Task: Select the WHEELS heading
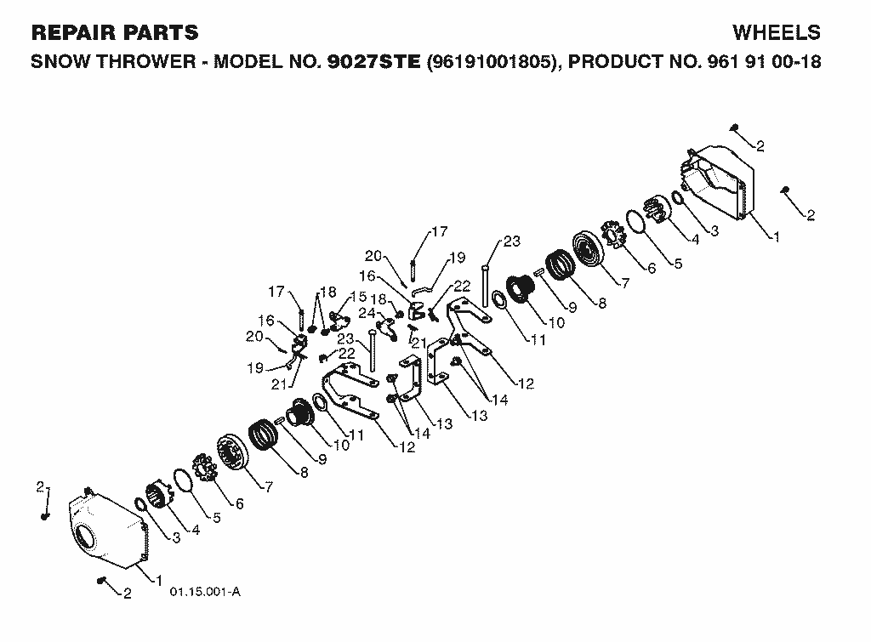(777, 33)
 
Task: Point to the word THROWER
(146, 61)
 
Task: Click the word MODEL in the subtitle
(248, 61)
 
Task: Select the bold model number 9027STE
(374, 61)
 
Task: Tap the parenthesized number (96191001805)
(491, 61)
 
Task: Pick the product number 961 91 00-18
(765, 61)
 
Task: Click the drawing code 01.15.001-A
(205, 592)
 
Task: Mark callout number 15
(358, 297)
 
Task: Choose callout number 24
(367, 313)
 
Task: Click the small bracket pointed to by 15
(339, 320)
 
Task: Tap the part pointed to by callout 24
(387, 329)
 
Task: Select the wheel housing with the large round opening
(105, 527)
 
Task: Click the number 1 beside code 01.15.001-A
(159, 581)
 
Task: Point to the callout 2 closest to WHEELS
(760, 146)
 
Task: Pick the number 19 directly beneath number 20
(255, 368)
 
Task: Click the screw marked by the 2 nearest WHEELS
(734, 128)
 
